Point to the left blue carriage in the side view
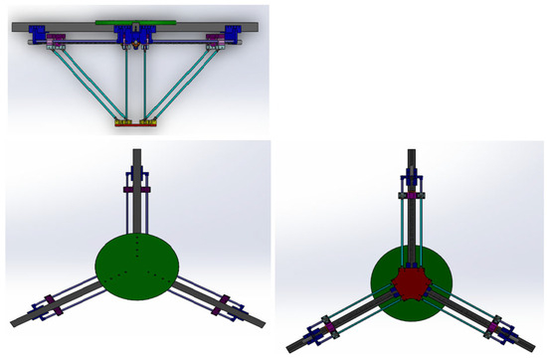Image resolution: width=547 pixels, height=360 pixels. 41,38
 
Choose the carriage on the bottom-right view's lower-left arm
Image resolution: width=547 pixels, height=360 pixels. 328,322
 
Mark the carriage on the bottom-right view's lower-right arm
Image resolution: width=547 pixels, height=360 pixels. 494,324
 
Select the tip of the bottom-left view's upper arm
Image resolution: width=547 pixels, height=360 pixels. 136,154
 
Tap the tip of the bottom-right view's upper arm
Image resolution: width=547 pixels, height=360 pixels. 411,155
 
